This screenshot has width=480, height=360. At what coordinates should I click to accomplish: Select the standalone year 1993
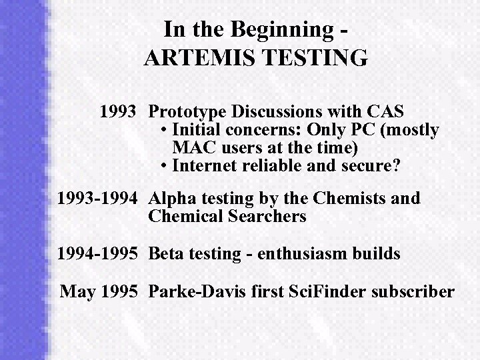pos(119,111)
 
